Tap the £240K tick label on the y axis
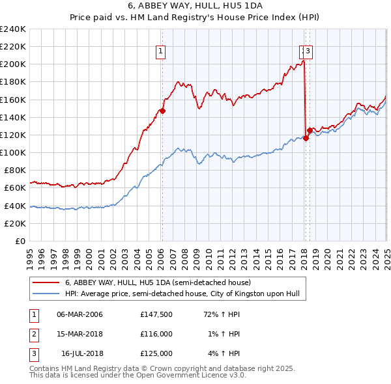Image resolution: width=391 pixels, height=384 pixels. coord(13,29)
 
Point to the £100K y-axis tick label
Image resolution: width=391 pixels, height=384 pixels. coord(13,152)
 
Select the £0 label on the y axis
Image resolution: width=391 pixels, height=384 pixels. coord(20,241)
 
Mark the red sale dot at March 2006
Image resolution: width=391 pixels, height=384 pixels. coord(162,111)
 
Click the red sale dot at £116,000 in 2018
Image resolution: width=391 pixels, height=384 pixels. coord(306,138)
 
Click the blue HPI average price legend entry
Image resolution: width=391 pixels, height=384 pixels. coord(182,294)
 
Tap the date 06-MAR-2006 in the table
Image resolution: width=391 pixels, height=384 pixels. coord(80,314)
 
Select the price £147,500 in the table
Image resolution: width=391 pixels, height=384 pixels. coord(156,314)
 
